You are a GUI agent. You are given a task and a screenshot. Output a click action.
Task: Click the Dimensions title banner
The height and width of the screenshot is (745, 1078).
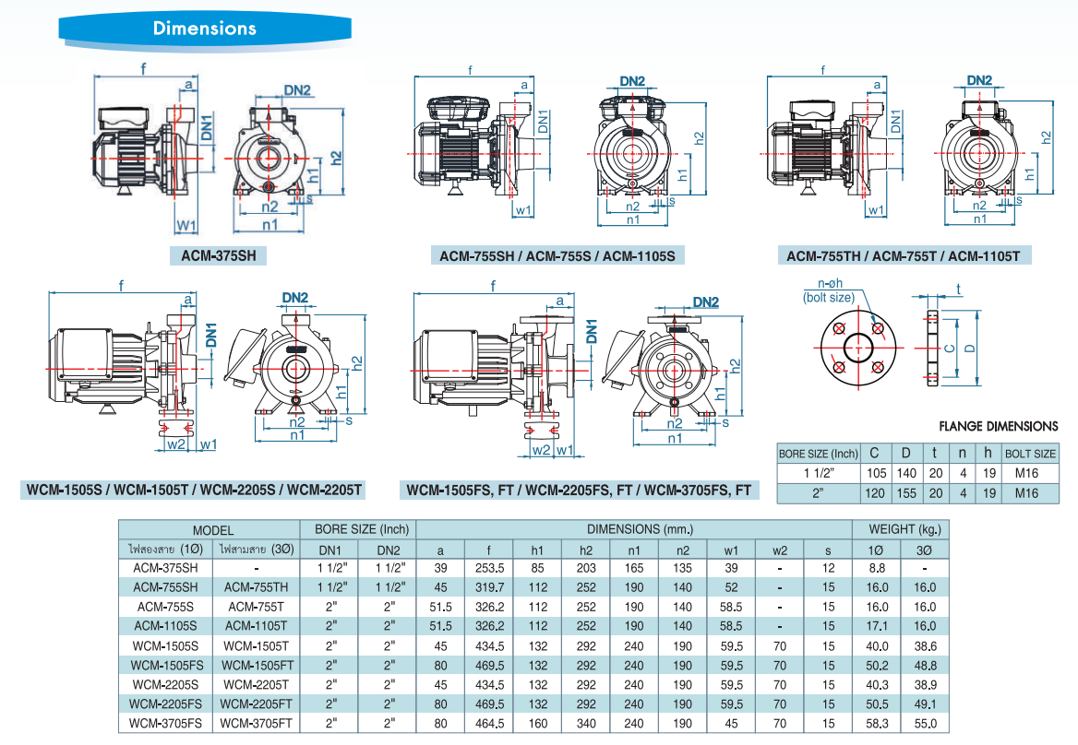click(204, 29)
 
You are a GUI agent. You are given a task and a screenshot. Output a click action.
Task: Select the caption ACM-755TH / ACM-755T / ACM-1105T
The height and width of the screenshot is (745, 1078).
click(902, 255)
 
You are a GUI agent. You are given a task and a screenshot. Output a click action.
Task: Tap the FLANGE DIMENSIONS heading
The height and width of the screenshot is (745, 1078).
click(998, 426)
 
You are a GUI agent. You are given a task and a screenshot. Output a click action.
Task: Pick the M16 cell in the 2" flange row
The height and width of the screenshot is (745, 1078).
click(1030, 493)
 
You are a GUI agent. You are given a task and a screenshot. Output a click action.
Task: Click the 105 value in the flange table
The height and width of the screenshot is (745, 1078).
click(874, 473)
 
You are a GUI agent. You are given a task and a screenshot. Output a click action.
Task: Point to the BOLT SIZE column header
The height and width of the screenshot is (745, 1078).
click(1030, 454)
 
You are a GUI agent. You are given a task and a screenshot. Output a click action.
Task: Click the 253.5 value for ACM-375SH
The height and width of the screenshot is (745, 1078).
click(488, 568)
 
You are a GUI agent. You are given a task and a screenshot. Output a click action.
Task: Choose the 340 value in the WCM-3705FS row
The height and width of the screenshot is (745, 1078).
click(586, 723)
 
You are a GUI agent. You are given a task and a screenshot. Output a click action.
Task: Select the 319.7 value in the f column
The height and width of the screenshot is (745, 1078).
click(488, 587)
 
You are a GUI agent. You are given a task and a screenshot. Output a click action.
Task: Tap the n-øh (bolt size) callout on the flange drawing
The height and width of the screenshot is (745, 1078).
click(828, 291)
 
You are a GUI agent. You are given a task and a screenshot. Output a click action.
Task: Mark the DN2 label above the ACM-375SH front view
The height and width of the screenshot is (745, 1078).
click(296, 90)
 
